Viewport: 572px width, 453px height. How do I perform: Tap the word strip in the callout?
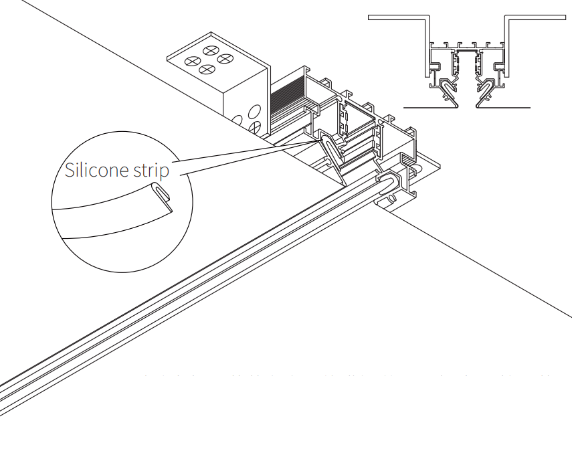[148, 171]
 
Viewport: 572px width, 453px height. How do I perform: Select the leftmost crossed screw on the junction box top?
[193, 62]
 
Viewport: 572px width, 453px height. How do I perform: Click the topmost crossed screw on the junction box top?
[212, 50]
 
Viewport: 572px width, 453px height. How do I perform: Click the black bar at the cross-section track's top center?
[467, 48]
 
